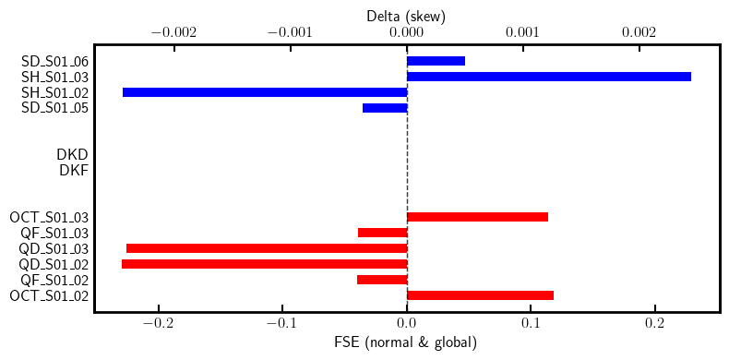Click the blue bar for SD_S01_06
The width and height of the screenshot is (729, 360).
436,61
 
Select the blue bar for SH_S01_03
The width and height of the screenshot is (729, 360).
548,77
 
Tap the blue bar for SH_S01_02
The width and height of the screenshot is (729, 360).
265,92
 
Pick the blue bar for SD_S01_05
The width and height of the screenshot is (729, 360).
385,108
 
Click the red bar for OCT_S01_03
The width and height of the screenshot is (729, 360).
477,217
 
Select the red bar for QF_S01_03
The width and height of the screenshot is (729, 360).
382,233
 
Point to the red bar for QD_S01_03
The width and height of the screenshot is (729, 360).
267,248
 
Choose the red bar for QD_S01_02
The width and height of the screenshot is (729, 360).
264,264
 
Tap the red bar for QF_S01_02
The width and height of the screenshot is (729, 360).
382,280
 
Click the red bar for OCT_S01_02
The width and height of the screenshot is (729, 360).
480,295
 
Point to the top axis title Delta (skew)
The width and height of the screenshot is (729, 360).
406,15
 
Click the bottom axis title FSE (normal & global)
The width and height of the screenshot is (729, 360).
406,343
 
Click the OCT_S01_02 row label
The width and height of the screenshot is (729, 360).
49,295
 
